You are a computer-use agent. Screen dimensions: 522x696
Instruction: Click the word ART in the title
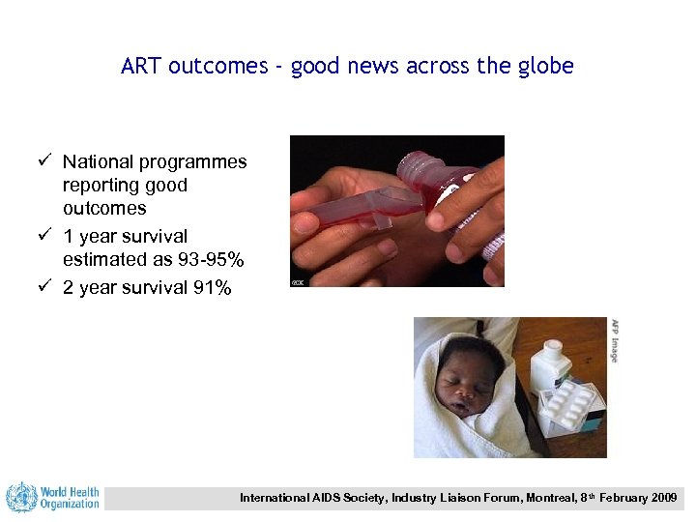pos(141,67)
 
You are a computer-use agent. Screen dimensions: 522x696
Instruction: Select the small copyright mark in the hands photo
pos(299,281)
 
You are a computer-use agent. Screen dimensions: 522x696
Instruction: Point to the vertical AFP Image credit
pos(614,339)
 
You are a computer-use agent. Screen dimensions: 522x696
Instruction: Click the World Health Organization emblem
pos(21,498)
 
